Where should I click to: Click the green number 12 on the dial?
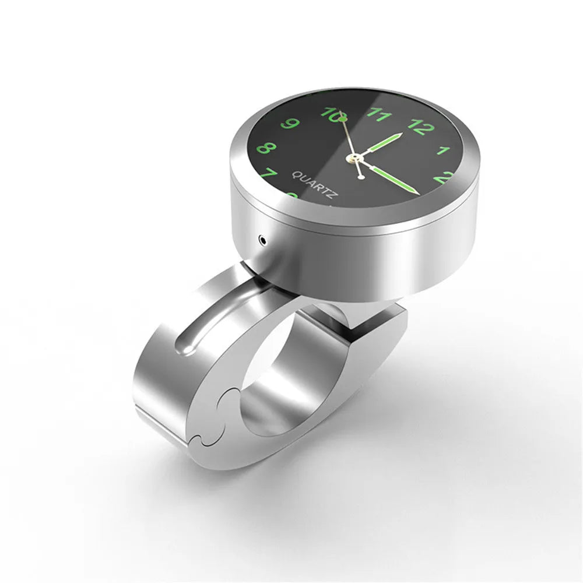click(x=421, y=127)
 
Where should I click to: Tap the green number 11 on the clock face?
click(x=379, y=115)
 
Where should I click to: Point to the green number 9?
click(x=290, y=124)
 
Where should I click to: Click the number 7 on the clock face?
click(x=269, y=173)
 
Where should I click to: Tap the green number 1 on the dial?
click(x=443, y=150)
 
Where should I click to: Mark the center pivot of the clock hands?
click(x=355, y=157)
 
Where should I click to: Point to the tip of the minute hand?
click(x=419, y=194)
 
